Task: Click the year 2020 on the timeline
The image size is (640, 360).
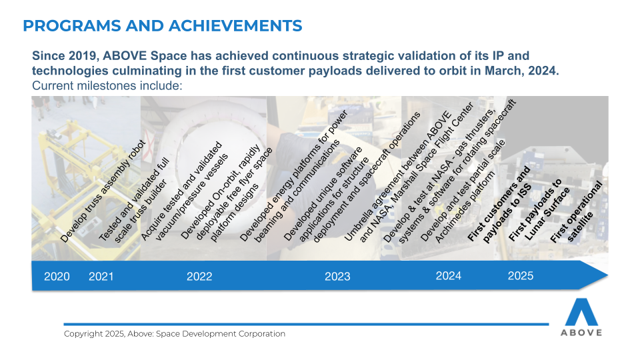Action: click(x=57, y=276)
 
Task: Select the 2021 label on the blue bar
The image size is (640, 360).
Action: click(x=101, y=276)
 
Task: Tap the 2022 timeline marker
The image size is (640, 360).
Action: click(x=199, y=276)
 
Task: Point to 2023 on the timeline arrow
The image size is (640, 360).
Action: click(x=337, y=276)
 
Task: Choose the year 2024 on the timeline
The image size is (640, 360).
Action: click(x=449, y=276)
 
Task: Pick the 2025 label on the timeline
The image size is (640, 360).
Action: click(x=521, y=276)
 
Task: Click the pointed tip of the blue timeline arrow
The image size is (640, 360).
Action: click(x=608, y=275)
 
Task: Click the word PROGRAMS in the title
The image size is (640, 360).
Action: click(x=72, y=26)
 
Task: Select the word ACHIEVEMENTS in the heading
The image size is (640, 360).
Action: click(x=235, y=26)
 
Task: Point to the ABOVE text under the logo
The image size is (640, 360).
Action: click(x=581, y=333)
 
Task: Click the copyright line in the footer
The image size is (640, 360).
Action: click(x=174, y=334)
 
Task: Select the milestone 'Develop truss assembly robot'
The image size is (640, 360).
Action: click(x=103, y=191)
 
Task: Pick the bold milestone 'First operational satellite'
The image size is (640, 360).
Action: click(x=576, y=212)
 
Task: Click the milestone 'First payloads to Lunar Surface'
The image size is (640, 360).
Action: click(x=539, y=210)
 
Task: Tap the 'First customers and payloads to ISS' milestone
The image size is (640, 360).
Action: click(x=499, y=205)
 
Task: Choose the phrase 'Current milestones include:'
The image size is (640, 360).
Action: click(x=107, y=86)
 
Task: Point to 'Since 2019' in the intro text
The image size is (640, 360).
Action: click(x=64, y=56)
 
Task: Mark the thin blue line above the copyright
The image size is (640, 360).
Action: click(x=306, y=325)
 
